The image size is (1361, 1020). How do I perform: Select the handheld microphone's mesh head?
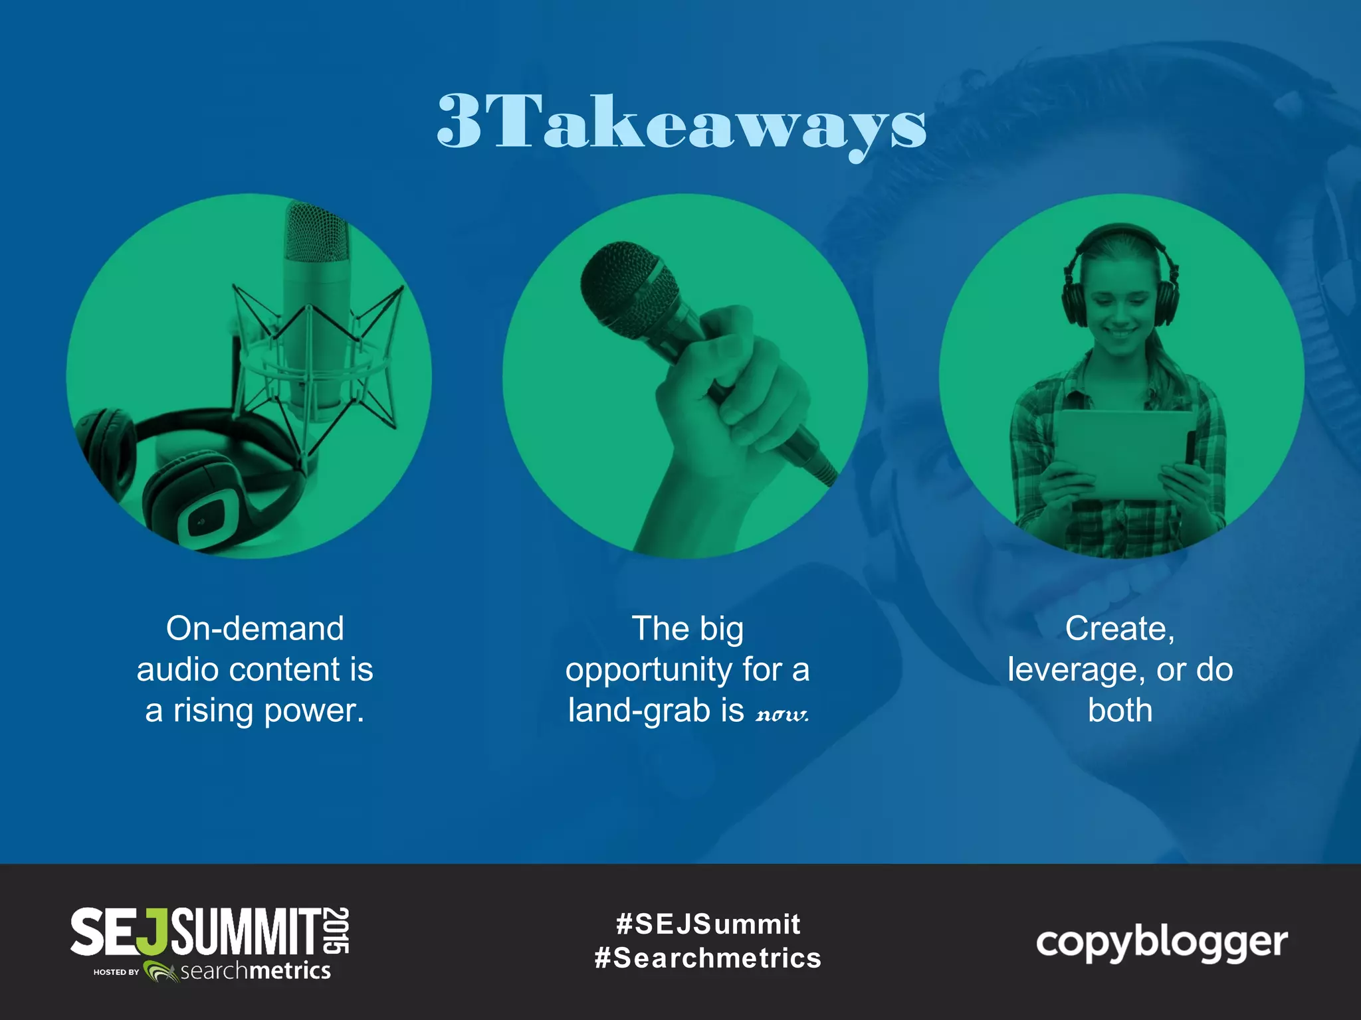(x=628, y=286)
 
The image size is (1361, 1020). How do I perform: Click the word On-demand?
(x=255, y=628)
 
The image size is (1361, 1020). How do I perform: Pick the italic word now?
(x=782, y=715)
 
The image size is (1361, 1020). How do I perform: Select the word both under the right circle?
(x=1120, y=711)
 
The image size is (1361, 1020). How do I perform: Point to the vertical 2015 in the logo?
(x=338, y=930)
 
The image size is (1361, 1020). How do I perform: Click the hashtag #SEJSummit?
(x=708, y=924)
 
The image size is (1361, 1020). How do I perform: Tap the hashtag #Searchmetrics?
(x=708, y=958)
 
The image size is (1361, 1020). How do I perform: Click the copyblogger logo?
(x=1162, y=943)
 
